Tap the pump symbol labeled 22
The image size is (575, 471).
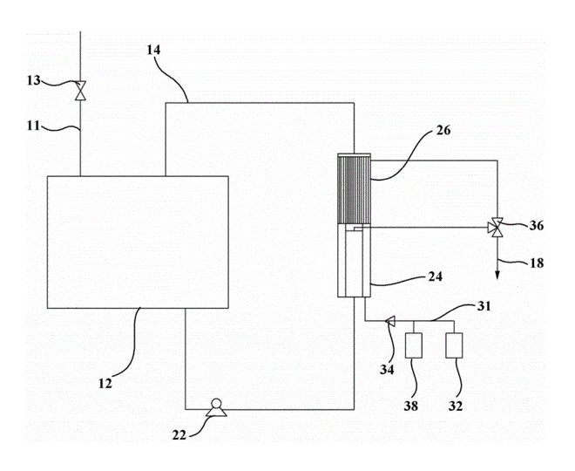coord(213,406)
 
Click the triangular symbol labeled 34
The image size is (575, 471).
coord(389,321)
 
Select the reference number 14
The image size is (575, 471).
coord(154,51)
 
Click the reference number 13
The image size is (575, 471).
coord(33,80)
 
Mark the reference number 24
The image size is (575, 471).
coord(434,277)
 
